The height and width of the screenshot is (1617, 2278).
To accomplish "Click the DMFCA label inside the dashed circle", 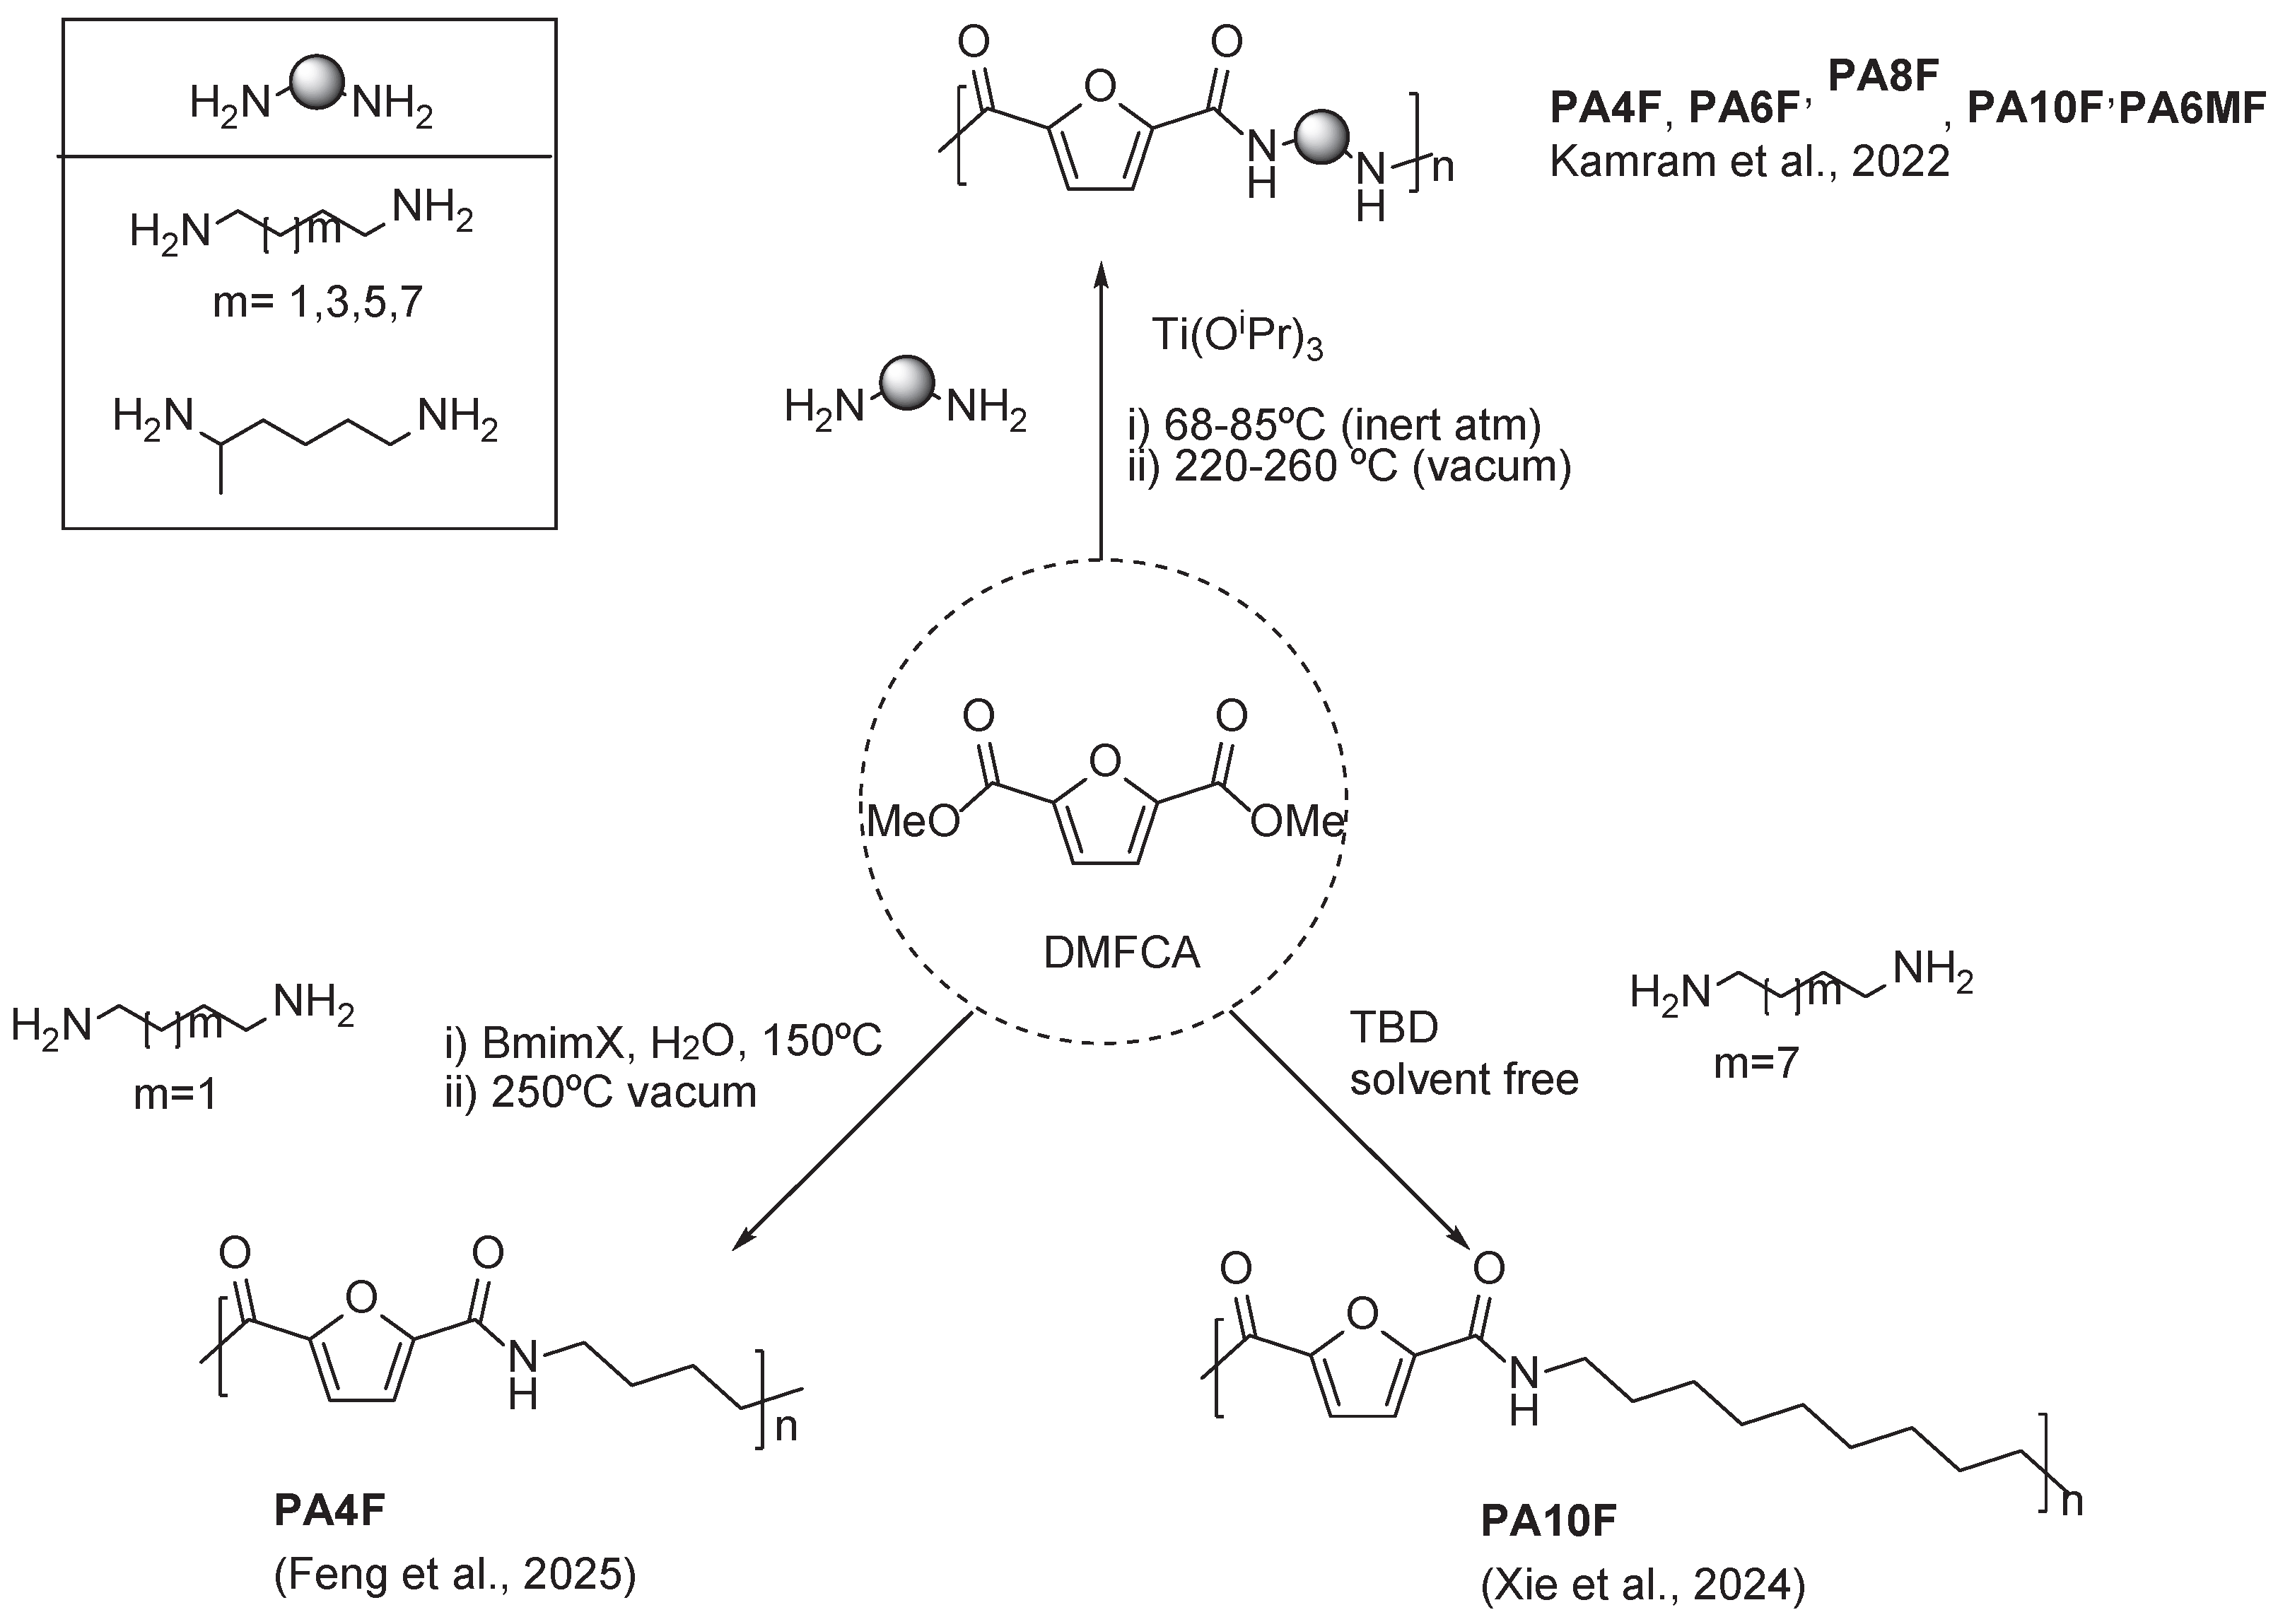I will click(x=1121, y=953).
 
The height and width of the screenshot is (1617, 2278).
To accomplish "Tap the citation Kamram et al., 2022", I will click(x=1749, y=161).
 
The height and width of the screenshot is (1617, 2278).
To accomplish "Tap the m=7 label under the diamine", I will click(x=1756, y=1064).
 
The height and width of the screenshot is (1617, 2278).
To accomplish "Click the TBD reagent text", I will click(x=1394, y=1028).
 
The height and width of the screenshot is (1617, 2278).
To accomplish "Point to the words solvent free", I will click(x=1464, y=1079).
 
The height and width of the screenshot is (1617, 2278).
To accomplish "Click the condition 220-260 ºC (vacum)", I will click(x=1372, y=466).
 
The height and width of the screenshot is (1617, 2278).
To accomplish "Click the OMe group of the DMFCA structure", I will click(x=1297, y=821).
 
